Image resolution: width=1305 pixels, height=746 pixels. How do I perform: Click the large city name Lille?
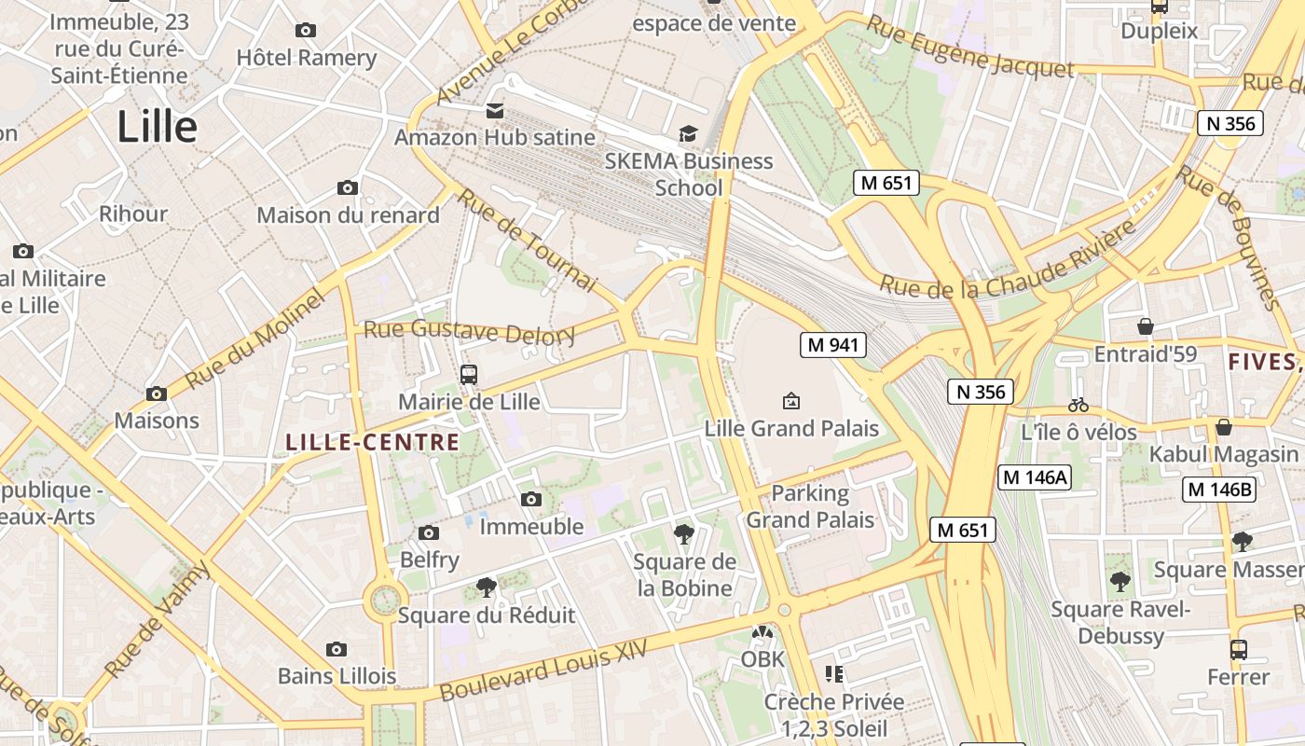click(x=157, y=128)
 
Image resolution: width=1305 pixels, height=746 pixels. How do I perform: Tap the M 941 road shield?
click(x=832, y=345)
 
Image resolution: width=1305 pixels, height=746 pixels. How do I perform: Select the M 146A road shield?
click(x=1035, y=478)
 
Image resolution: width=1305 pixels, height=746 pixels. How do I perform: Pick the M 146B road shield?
click(x=1218, y=490)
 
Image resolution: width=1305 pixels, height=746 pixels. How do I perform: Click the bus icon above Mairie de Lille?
click(x=469, y=375)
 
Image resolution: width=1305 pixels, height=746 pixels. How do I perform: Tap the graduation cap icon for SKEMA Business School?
click(x=688, y=134)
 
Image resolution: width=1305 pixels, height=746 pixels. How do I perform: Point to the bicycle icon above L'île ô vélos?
click(x=1078, y=406)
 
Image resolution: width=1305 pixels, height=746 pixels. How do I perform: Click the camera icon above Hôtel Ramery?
click(x=305, y=31)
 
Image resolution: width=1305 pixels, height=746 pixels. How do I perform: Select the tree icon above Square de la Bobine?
click(x=684, y=534)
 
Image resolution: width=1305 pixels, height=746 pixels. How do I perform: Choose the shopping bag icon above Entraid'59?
click(x=1146, y=326)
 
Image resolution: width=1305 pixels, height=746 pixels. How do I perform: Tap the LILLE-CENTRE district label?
click(x=372, y=443)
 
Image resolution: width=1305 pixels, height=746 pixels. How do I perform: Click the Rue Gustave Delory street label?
click(x=469, y=331)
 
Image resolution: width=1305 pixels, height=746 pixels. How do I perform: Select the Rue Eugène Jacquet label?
click(x=968, y=47)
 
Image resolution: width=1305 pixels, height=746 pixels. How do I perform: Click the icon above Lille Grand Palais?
click(x=790, y=401)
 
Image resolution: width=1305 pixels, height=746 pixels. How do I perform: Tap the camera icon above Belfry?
click(x=429, y=533)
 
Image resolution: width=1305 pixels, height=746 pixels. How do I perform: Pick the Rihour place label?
click(x=133, y=214)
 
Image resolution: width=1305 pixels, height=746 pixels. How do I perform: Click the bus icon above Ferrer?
click(x=1238, y=650)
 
